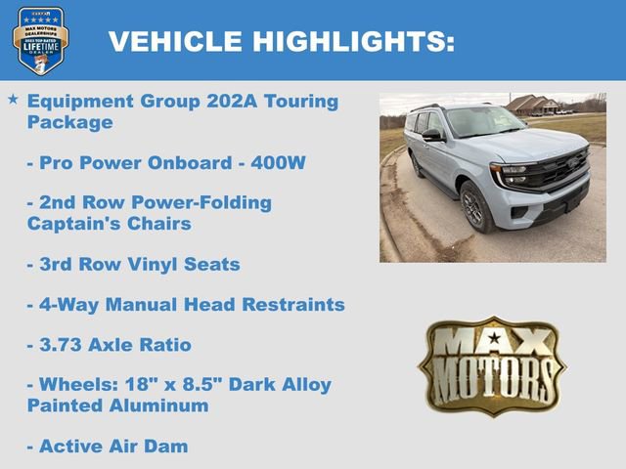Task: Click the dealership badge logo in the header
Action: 40,40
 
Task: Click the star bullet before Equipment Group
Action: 13,100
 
